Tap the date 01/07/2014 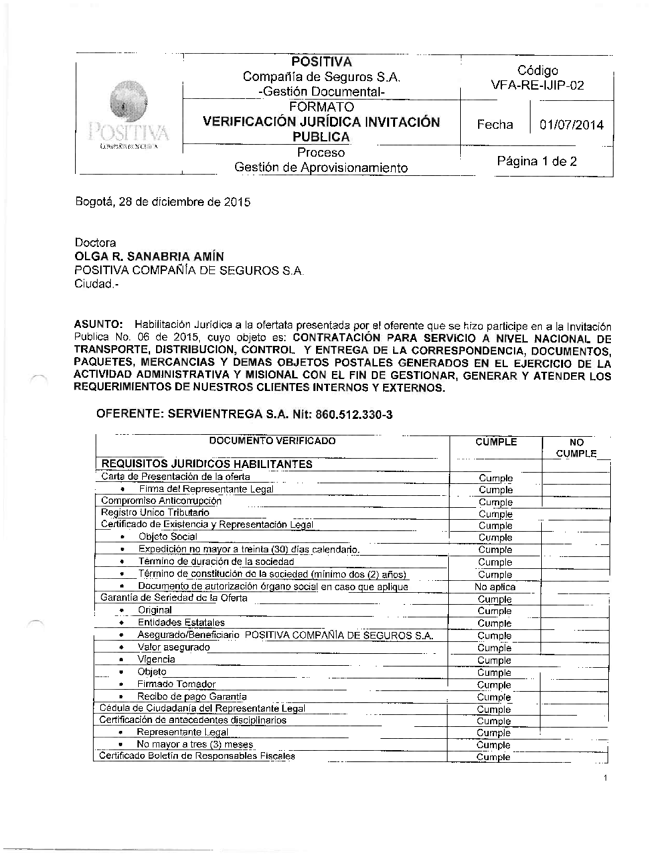571,125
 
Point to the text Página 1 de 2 537,161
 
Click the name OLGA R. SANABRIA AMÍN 149,256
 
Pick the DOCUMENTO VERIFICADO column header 272,441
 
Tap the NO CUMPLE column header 576,448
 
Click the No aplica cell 495,587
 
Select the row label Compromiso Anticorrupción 161,501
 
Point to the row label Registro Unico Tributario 155,512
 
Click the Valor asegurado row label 173,647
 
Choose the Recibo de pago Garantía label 191,696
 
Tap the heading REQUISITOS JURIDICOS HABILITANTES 206,464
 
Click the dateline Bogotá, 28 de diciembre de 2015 162,202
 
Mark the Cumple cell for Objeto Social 495,538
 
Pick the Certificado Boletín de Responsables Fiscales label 197,756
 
